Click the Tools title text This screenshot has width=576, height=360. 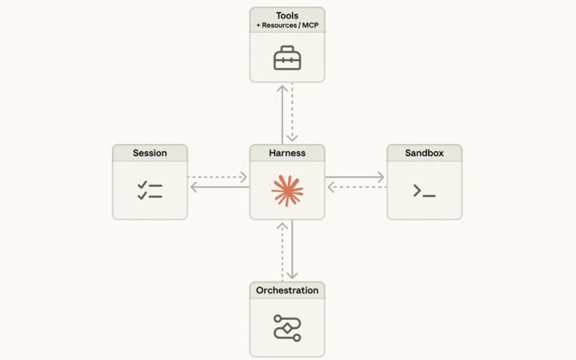click(287, 16)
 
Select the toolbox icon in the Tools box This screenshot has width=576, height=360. click(287, 58)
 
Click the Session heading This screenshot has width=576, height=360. click(150, 153)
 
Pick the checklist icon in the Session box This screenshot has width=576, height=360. click(150, 190)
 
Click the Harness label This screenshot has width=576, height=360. click(287, 153)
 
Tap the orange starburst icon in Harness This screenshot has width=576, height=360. click(287, 190)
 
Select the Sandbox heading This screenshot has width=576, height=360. click(424, 153)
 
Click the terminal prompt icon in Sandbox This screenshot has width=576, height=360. click(424, 190)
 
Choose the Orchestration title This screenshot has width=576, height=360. click(287, 290)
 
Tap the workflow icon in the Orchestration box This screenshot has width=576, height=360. click(287, 327)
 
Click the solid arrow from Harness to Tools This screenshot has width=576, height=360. click(282, 113)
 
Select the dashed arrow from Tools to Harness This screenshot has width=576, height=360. click(293, 113)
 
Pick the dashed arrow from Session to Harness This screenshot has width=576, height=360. click(218, 177)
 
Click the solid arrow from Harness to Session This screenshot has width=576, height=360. click(218, 188)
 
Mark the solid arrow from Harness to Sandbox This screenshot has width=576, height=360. click(355, 177)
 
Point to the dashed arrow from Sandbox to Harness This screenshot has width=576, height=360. click(355, 188)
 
